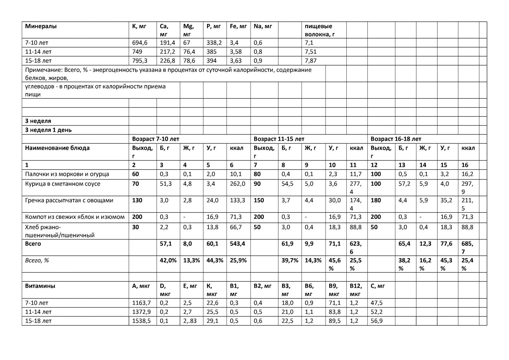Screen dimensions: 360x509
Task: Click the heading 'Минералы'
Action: point(41,26)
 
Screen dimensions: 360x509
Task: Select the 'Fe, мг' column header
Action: point(238,26)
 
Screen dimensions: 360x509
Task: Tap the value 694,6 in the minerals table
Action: point(140,43)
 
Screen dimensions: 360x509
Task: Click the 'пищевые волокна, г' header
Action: point(320,30)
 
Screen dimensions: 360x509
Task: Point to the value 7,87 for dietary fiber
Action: point(311,61)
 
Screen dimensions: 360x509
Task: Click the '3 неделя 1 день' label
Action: point(48,130)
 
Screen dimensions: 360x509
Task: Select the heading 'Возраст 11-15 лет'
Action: point(279,139)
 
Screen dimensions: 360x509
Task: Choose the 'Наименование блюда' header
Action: point(57,148)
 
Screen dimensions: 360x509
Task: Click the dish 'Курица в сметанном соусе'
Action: point(63,184)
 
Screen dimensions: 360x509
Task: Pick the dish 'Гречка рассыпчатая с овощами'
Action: point(69,201)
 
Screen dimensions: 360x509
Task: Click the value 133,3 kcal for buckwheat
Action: point(238,201)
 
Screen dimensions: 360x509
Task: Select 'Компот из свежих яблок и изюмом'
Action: point(75,217)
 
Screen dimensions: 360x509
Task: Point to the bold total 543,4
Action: point(238,244)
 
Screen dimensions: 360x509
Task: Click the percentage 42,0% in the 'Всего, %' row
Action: point(168,261)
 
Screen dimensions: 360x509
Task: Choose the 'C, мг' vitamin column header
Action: point(378,286)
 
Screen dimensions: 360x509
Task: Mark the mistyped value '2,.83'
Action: point(190,321)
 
